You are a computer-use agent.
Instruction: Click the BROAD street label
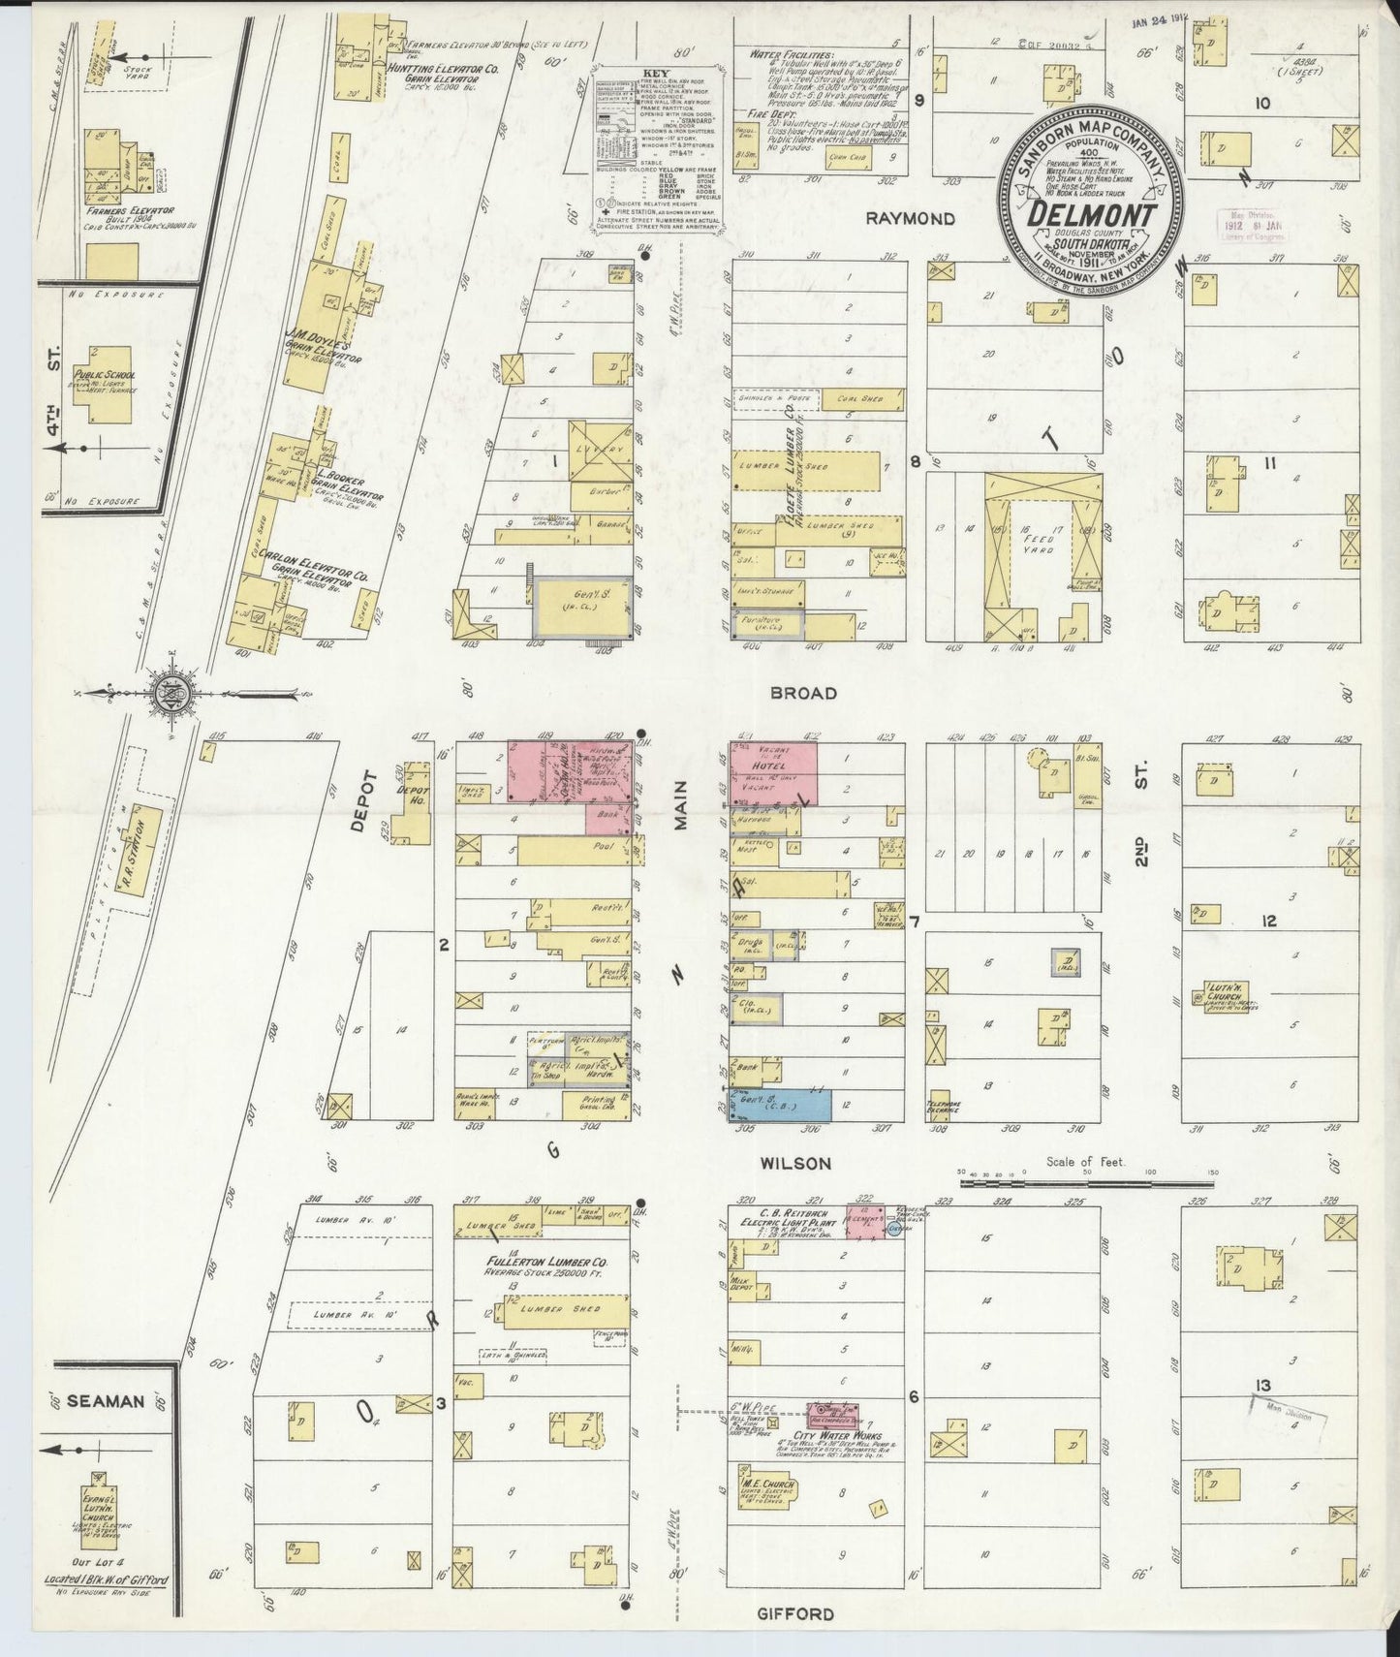pos(803,694)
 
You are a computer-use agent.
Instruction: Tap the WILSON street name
pos(796,1163)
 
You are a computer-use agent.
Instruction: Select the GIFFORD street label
pos(803,1613)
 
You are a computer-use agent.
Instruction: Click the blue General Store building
pos(794,1104)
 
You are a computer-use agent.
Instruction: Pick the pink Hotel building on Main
pos(773,773)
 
